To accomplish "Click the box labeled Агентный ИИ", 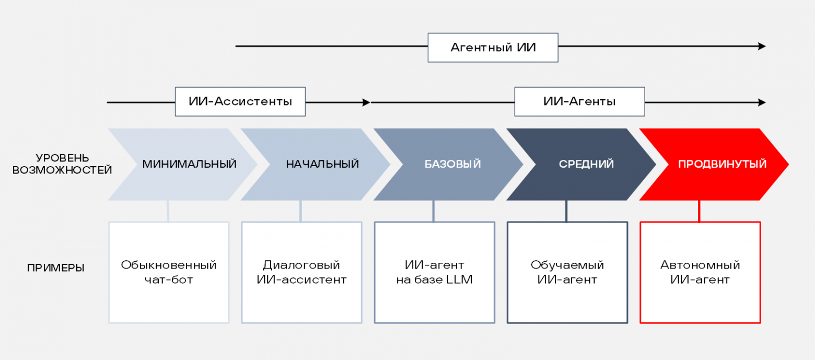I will coord(493,48).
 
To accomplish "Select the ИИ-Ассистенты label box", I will coord(240,101).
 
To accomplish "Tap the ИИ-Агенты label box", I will coord(579,101).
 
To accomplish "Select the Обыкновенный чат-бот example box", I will coord(169,272).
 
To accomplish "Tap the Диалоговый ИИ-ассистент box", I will coord(301,272).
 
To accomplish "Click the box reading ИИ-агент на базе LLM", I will coord(434,272).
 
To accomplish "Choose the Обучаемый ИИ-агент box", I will coord(567,272).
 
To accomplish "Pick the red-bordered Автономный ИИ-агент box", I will coord(700,272).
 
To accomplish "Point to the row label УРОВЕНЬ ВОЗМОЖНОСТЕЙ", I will coord(62,164).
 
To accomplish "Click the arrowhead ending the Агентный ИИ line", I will coord(762,47).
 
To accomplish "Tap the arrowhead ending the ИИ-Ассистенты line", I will coord(366,102).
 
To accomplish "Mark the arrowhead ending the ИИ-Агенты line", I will coord(762,102).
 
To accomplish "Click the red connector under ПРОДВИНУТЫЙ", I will coord(700,211).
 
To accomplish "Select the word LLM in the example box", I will coord(459,280).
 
